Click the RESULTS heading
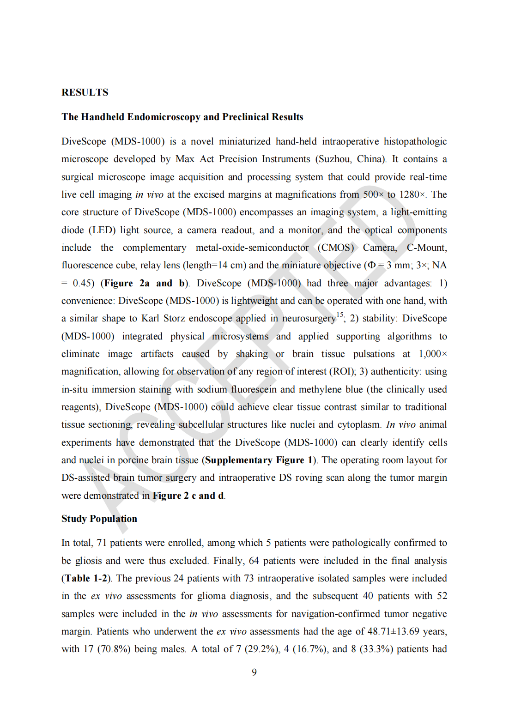click(x=85, y=92)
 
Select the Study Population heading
click(x=99, y=519)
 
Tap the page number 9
click(x=254, y=672)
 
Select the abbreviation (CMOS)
click(x=336, y=248)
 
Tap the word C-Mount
click(x=426, y=248)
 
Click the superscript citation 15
click(x=340, y=315)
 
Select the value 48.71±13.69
click(x=394, y=631)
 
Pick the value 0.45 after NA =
click(x=83, y=283)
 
